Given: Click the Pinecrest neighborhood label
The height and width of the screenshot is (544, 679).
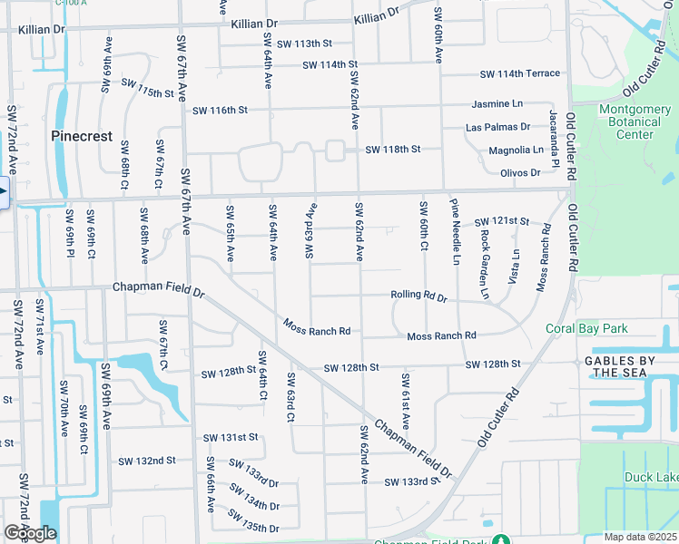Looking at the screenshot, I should point(82,136).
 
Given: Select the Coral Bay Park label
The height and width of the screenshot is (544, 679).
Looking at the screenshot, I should point(586,329).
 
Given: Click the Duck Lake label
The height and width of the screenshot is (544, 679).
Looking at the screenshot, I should point(650,477).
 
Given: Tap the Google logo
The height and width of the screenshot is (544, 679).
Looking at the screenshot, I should point(30,533).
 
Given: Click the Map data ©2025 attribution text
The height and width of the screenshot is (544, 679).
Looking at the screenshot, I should point(640,537).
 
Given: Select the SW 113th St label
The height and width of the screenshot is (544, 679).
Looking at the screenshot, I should point(305,44).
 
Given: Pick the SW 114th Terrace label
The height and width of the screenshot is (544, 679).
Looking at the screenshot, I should point(520,73).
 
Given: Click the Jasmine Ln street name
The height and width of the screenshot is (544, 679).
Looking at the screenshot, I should point(497,104).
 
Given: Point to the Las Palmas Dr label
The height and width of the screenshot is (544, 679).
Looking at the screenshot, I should point(497,127).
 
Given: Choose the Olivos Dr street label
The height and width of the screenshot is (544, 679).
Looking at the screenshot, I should point(520,172).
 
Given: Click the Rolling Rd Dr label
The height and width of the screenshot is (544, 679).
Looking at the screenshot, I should point(418,296).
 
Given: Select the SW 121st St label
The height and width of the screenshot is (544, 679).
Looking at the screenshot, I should point(501,221).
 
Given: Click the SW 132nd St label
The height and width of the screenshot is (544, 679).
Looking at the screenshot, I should point(147,461).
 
